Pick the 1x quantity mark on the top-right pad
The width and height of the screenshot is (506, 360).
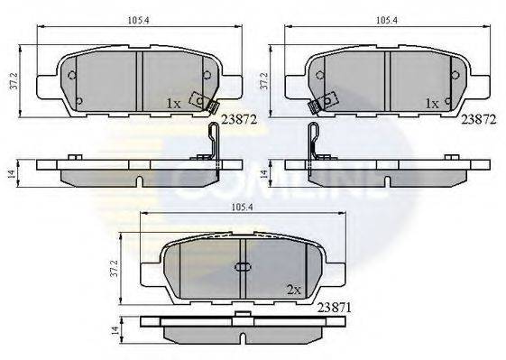[x=431, y=105]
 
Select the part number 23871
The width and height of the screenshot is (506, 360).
[x=335, y=307]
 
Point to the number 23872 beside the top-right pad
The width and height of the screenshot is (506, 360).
[x=479, y=118]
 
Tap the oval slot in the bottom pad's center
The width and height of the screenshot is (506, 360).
[x=243, y=267]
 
